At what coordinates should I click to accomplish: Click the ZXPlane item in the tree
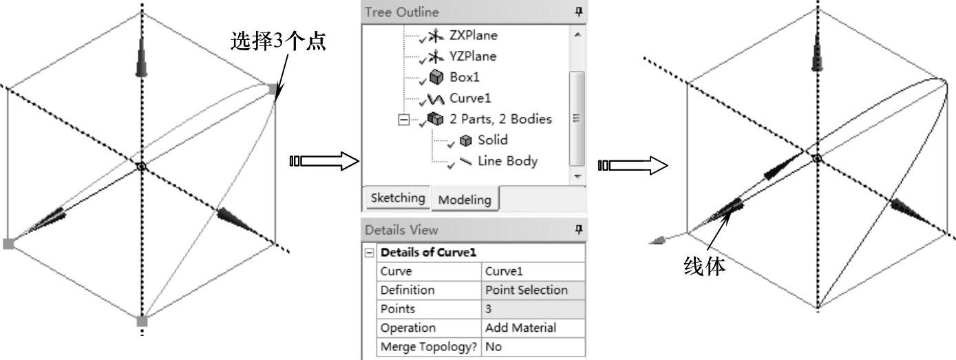pyautogui.click(x=473, y=34)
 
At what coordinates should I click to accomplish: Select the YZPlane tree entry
pyautogui.click(x=472, y=56)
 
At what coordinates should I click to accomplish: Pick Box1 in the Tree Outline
pyautogui.click(x=465, y=77)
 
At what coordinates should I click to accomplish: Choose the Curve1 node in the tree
pyautogui.click(x=470, y=98)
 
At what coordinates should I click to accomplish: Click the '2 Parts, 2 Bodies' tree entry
pyautogui.click(x=500, y=119)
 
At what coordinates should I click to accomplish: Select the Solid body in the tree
pyautogui.click(x=492, y=140)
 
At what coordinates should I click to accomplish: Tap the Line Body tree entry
pyautogui.click(x=507, y=161)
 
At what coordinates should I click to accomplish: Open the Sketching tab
pyautogui.click(x=397, y=198)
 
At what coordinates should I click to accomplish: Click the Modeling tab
pyautogui.click(x=465, y=199)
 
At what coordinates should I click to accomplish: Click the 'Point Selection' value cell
pyautogui.click(x=527, y=290)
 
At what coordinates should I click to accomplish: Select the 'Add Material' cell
pyautogui.click(x=520, y=328)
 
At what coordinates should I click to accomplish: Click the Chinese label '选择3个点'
pyautogui.click(x=278, y=43)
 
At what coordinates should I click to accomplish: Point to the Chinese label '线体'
pyautogui.click(x=703, y=266)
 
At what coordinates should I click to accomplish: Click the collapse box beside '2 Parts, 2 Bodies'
pyautogui.click(x=403, y=119)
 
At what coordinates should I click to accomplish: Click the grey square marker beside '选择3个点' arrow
pyautogui.click(x=273, y=89)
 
